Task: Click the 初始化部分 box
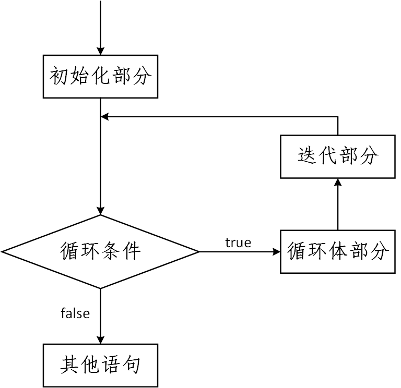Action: tap(100, 77)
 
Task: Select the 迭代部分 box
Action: tap(338, 156)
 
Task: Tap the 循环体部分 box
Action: tap(338, 251)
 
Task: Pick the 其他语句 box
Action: tap(100, 365)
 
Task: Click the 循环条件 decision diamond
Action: tap(100, 251)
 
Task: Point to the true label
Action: tap(238, 242)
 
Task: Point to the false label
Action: tap(75, 313)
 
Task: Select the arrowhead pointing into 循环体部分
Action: tap(277, 251)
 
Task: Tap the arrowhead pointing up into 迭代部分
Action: tap(338, 182)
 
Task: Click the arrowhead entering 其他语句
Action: tap(100, 339)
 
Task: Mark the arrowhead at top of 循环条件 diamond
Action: tap(100, 211)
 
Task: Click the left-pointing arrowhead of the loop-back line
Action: tap(104, 117)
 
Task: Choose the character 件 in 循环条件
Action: tap(131, 251)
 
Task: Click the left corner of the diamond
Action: tap(3, 251)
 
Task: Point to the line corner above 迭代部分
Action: tap(338, 117)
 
